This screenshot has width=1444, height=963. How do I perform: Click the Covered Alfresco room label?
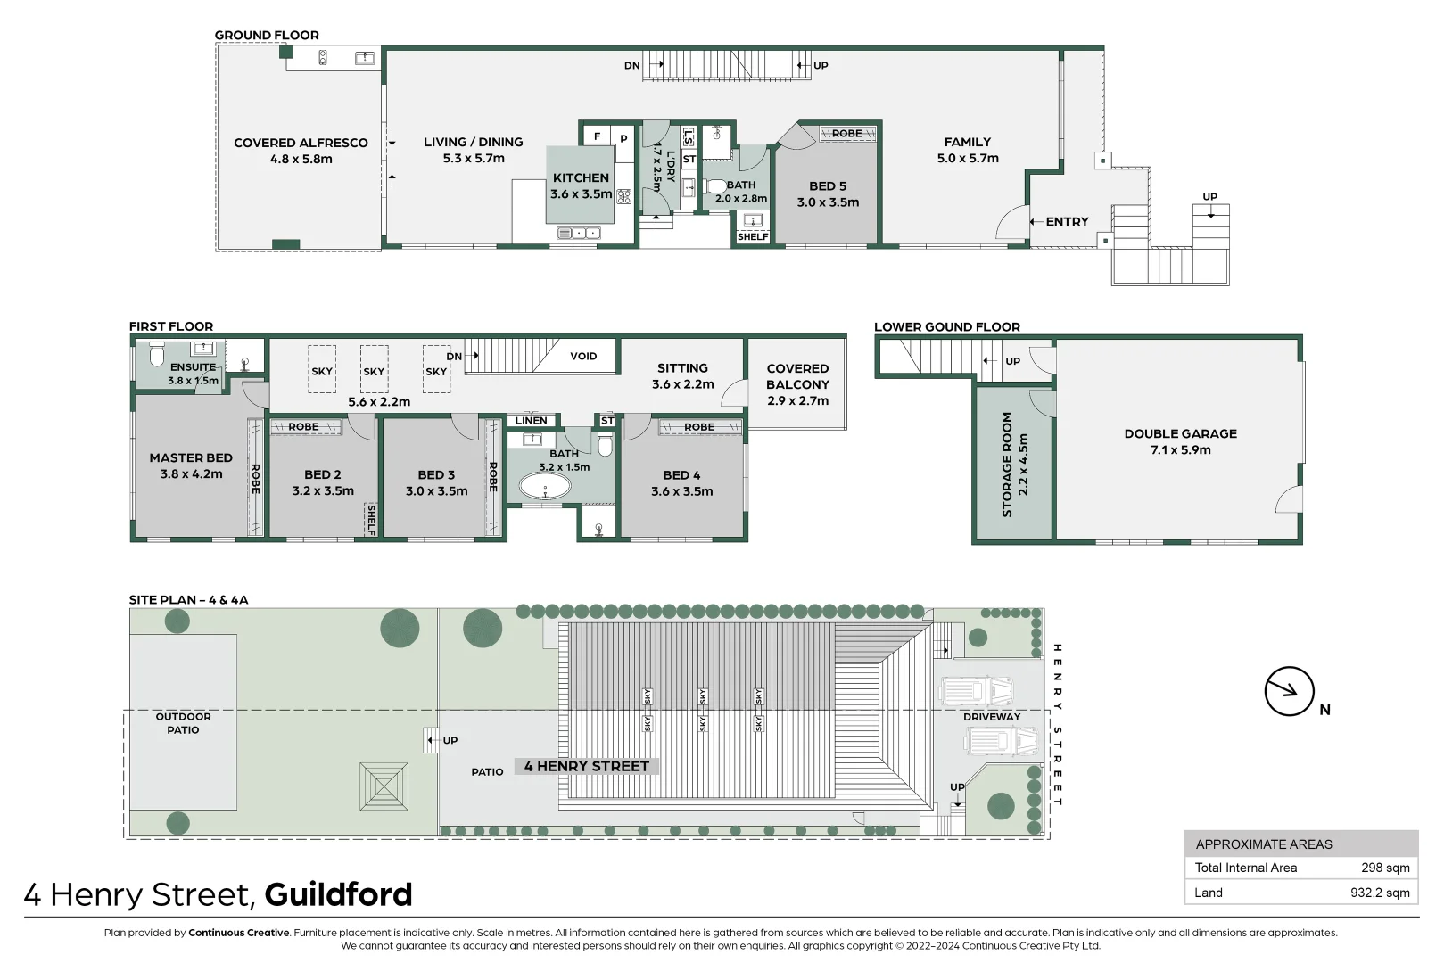[301, 151]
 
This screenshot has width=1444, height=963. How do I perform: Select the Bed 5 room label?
[828, 194]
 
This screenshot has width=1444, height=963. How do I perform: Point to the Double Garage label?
[1180, 441]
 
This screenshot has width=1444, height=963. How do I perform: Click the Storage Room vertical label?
[1014, 464]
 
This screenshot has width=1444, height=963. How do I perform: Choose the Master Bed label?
[191, 465]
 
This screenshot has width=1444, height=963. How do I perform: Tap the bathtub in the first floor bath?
[544, 487]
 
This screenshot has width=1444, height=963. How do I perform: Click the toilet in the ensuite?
[157, 357]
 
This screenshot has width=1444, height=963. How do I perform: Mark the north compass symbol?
[1290, 691]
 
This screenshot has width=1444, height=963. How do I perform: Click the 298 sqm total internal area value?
[1384, 868]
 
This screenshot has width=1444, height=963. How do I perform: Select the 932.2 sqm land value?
[1380, 893]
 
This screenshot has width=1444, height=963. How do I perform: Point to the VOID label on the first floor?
[583, 357]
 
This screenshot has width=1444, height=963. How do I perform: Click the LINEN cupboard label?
[531, 421]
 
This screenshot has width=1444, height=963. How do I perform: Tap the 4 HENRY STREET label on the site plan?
[586, 766]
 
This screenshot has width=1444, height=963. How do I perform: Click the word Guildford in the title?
[338, 894]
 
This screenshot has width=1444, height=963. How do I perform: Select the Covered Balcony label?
[797, 384]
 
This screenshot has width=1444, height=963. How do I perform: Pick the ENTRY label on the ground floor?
[1067, 222]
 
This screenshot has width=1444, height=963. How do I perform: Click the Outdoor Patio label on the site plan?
[183, 723]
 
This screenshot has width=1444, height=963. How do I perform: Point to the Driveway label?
[991, 717]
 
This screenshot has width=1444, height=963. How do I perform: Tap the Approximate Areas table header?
[1263, 844]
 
